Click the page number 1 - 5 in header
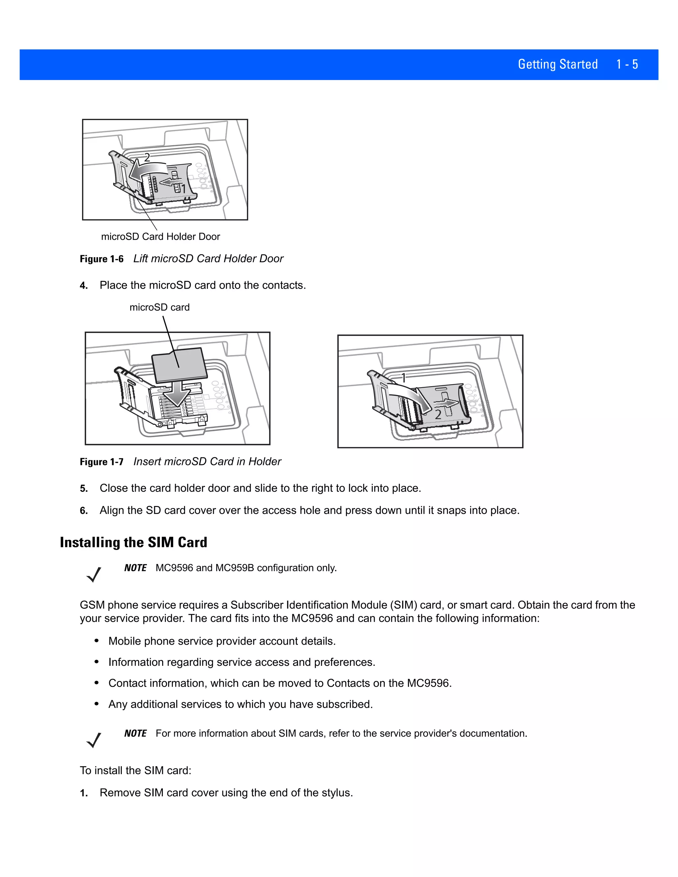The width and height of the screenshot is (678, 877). pyautogui.click(x=627, y=64)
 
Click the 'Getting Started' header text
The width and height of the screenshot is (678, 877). pyautogui.click(x=557, y=64)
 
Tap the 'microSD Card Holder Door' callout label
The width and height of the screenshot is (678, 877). pyautogui.click(x=160, y=237)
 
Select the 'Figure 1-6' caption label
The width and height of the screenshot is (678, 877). pyautogui.click(x=102, y=259)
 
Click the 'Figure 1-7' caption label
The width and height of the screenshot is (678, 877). pyautogui.click(x=102, y=462)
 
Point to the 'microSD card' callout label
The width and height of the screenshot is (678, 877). pyautogui.click(x=160, y=307)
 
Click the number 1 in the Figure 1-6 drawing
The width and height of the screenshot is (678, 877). pyautogui.click(x=183, y=188)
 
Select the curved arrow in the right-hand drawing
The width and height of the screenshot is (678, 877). pyautogui.click(x=410, y=395)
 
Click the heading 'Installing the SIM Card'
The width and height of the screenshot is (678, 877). pyautogui.click(x=133, y=542)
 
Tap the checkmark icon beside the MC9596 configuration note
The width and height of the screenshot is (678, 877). pyautogui.click(x=94, y=574)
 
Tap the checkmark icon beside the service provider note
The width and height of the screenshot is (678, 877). pyautogui.click(x=94, y=740)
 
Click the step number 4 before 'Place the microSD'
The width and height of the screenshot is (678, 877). pyautogui.click(x=83, y=286)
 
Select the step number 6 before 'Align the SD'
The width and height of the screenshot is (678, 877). pyautogui.click(x=83, y=511)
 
